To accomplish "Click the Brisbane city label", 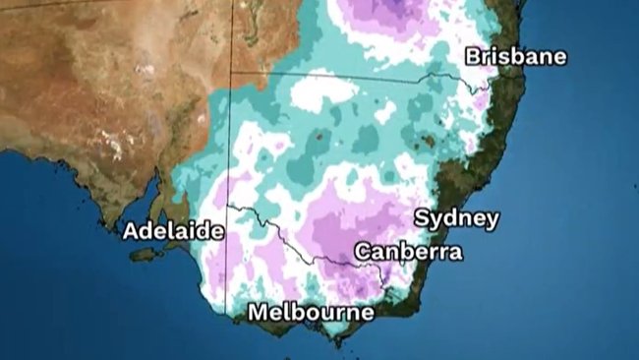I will [515, 56].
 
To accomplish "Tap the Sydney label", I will [456, 218].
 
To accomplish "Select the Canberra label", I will [408, 252].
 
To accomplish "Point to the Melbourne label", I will [311, 313].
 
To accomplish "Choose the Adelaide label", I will [173, 232].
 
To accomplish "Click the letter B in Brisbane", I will [474, 56].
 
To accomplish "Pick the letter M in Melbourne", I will [258, 313].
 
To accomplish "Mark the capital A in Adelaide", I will [131, 232].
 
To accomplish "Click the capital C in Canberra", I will [363, 252].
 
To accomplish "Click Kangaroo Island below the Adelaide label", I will [143, 255].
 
